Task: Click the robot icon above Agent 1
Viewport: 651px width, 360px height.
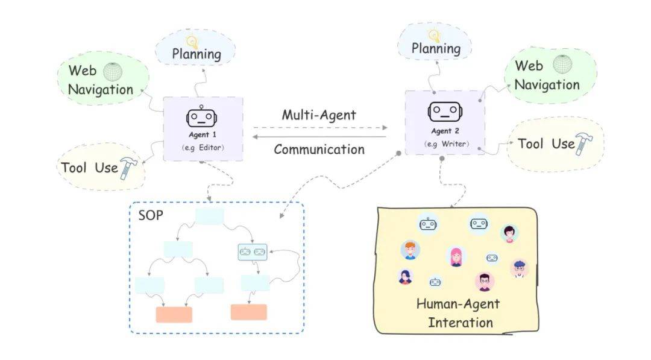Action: pos(203,118)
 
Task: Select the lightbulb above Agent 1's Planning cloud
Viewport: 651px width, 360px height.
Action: pos(192,42)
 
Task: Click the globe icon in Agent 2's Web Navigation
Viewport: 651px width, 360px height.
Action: pos(563,65)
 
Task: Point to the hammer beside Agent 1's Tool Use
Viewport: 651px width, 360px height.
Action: pos(128,168)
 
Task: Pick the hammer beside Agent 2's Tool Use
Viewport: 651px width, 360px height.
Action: pos(583,144)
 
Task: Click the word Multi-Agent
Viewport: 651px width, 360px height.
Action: pos(319,115)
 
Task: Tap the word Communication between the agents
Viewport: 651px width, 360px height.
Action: pos(319,149)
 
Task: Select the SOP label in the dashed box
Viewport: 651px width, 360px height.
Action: pos(151,215)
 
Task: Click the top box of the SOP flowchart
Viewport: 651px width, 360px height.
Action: pos(209,216)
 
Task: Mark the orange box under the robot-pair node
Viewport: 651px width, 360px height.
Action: pos(248,312)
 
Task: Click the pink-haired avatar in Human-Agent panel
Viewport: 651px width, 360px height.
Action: pos(456,256)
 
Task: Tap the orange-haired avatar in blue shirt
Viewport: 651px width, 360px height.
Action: pos(410,250)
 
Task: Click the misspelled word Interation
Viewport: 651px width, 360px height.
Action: pos(460,322)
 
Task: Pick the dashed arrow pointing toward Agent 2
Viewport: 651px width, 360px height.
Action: pos(319,128)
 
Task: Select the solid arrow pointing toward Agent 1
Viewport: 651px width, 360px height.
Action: pos(319,137)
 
